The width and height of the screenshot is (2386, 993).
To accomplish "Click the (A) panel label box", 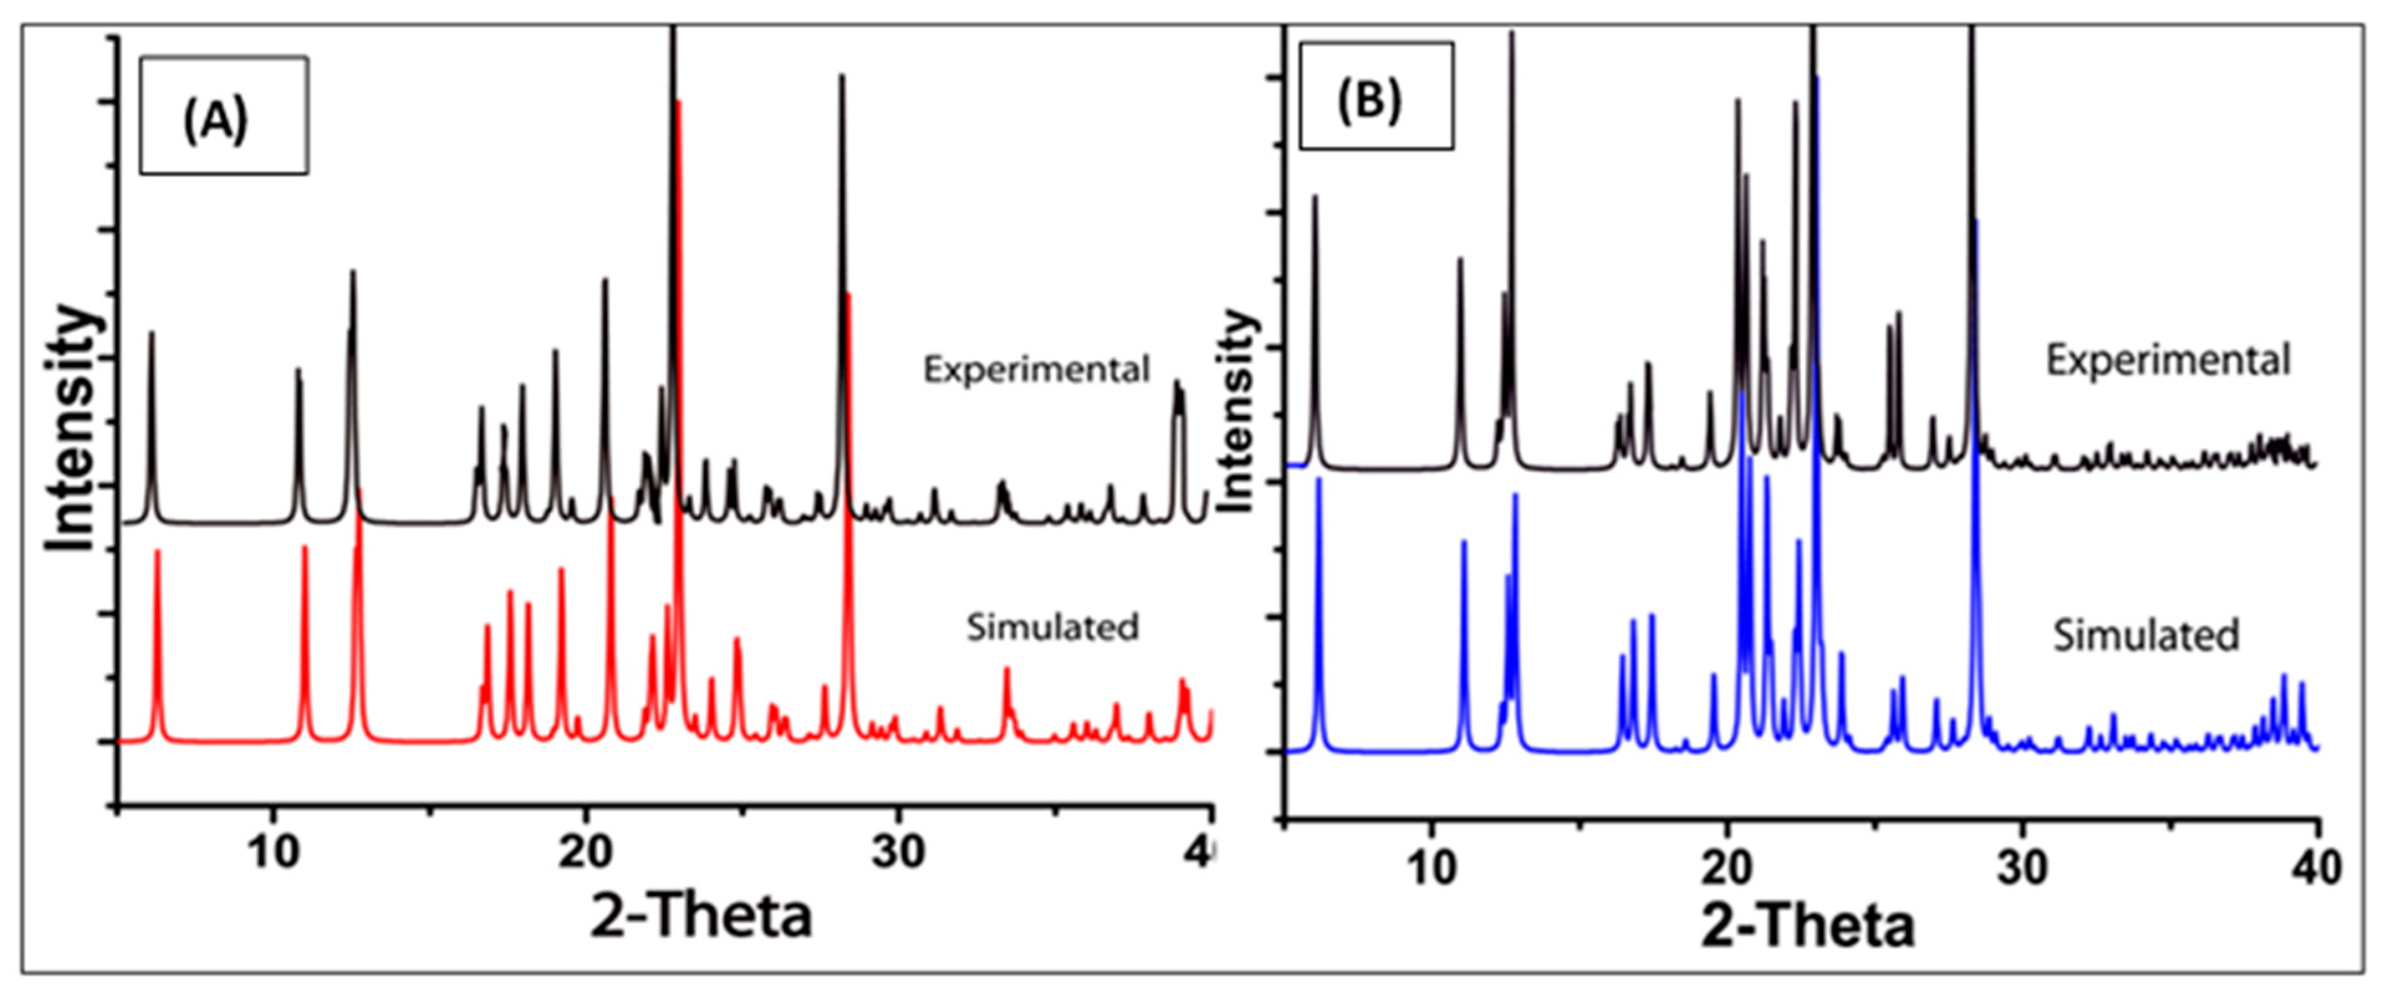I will tap(223, 116).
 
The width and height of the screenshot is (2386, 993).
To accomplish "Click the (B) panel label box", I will tap(1376, 96).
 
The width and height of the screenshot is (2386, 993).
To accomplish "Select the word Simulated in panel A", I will tap(1052, 627).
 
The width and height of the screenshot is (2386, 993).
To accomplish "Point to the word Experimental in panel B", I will tap(2167, 361).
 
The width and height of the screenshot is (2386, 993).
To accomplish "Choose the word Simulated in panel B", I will tap(2146, 635).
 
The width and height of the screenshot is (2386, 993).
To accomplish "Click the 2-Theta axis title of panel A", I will tap(701, 915).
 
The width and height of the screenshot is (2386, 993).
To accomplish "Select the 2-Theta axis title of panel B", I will tap(1808, 926).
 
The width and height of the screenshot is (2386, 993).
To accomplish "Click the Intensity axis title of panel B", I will tap(1237, 412).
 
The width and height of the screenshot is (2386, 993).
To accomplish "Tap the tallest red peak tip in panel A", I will tap(679, 104).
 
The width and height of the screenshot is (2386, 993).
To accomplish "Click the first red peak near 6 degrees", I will tap(157, 553).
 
